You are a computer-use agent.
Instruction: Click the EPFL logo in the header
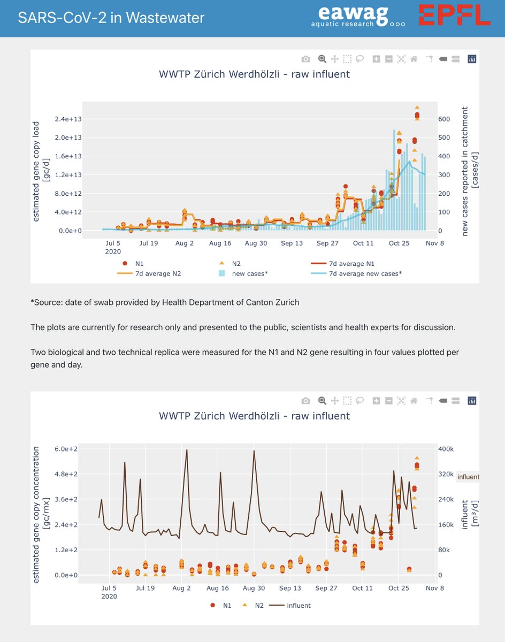[x=454, y=15]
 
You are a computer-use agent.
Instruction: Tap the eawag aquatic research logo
[x=358, y=16]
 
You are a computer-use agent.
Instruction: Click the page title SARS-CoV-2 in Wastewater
[x=111, y=18]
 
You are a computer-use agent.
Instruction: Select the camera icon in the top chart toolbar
[x=305, y=59]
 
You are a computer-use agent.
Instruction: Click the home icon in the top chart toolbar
[x=414, y=59]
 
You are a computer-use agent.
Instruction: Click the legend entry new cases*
[x=249, y=273]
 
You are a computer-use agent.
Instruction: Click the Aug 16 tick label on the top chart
[x=220, y=243]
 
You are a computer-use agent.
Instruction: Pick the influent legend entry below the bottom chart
[x=298, y=605]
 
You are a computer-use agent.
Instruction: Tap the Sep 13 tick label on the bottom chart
[x=292, y=587]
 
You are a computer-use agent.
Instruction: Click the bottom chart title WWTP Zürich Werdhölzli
[x=254, y=416]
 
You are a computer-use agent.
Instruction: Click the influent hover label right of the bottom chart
[x=468, y=477]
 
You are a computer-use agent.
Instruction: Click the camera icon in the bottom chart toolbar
[x=305, y=401]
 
